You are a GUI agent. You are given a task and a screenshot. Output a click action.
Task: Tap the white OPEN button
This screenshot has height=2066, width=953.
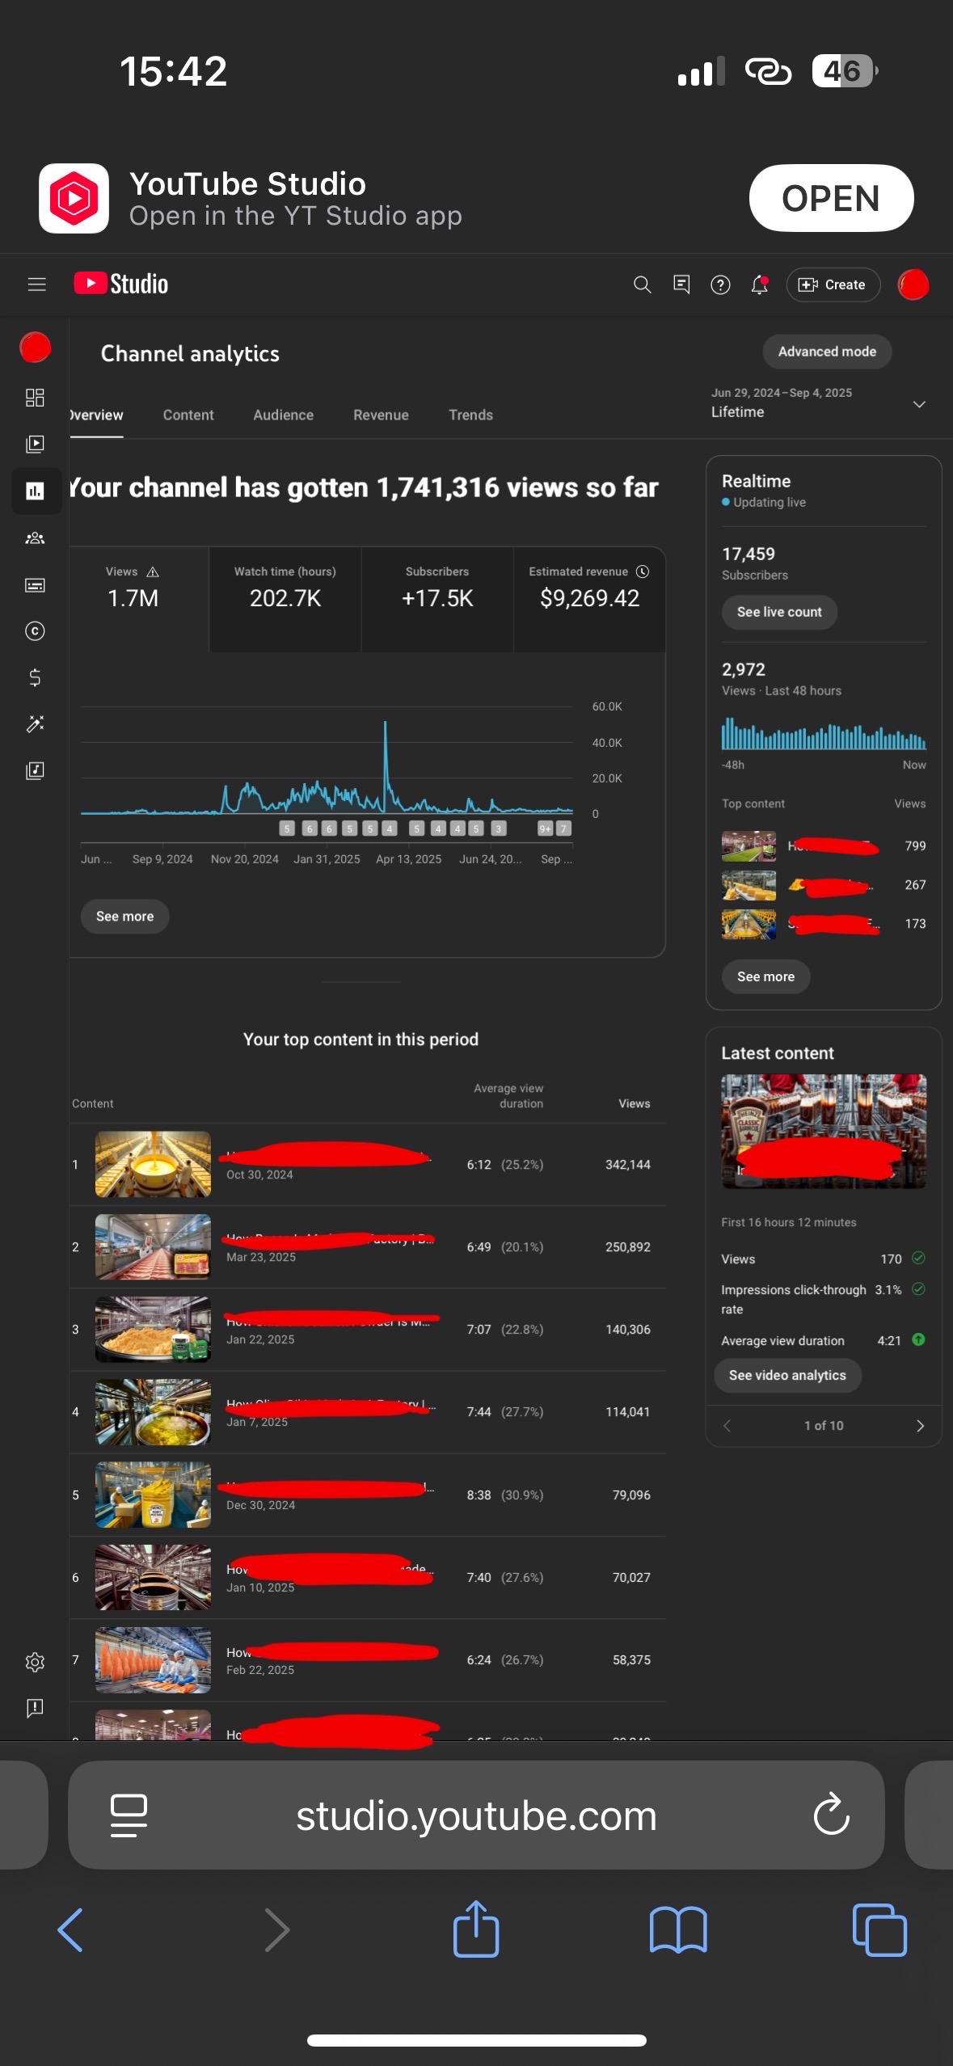tap(830, 198)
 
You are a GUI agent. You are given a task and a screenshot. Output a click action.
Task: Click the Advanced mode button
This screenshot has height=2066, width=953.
tap(826, 352)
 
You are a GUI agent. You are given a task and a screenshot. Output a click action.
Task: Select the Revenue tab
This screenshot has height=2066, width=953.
tap(381, 415)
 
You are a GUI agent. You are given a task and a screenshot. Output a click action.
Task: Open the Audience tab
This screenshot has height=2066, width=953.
tap(283, 415)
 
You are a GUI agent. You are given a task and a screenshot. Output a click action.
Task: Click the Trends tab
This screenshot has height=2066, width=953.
tap(470, 415)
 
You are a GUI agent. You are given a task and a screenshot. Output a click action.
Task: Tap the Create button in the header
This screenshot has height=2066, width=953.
tap(833, 285)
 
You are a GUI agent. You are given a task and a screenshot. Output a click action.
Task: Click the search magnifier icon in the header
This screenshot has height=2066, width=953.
tap(642, 285)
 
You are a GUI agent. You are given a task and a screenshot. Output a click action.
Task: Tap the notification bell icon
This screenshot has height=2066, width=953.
tap(759, 285)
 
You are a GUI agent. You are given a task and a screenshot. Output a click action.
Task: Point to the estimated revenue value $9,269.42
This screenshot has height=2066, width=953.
tap(589, 598)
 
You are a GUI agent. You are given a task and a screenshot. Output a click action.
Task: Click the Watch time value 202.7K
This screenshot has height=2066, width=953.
tap(285, 598)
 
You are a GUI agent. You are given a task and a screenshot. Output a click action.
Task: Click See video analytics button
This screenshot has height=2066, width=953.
tap(787, 1375)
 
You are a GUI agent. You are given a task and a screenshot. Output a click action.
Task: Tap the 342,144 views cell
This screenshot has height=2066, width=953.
tap(627, 1165)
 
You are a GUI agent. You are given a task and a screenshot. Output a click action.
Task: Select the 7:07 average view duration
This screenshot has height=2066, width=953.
tap(479, 1330)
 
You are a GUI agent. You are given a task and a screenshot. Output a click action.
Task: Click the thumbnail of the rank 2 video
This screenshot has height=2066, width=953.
tap(153, 1247)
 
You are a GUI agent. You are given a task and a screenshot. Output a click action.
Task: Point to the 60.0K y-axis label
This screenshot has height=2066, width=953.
tap(606, 706)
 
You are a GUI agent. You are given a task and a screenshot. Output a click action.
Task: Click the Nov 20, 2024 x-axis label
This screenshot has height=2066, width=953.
tap(244, 859)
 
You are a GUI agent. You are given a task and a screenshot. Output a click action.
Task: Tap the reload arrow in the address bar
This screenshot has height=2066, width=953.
tap(831, 1815)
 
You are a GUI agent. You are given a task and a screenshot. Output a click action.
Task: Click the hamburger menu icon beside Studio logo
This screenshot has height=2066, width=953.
tap(36, 285)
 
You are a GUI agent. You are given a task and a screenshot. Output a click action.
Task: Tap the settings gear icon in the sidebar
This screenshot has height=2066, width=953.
tap(35, 1662)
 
